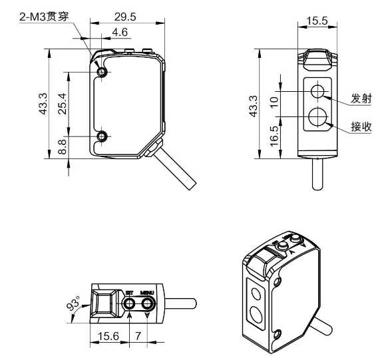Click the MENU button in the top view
click(148, 304)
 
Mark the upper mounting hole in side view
click(102, 72)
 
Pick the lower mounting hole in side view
click(102, 136)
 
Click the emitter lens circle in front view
click(318, 90)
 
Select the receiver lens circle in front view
click(318, 117)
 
